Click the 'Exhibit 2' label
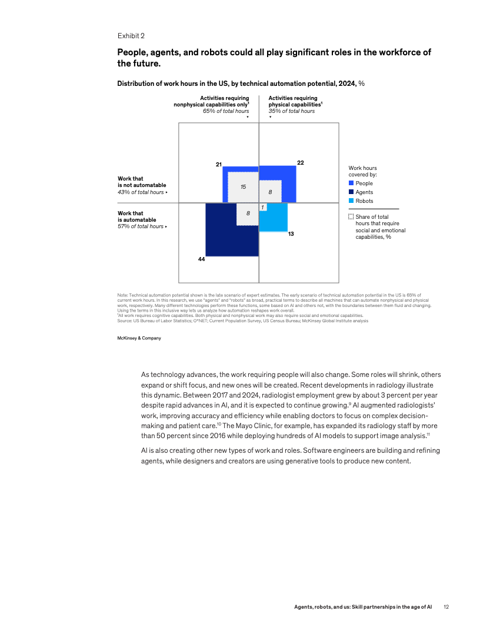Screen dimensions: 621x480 click(x=131, y=35)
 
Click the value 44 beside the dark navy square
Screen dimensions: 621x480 click(x=201, y=259)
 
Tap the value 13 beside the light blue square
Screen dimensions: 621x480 click(x=291, y=234)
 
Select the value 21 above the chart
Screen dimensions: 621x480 click(x=218, y=163)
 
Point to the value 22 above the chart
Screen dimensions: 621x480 click(x=300, y=162)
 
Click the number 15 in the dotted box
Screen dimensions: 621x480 click(x=242, y=186)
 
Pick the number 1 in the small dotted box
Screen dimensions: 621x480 click(x=262, y=206)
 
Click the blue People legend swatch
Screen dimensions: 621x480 click(x=351, y=183)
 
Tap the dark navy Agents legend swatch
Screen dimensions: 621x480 click(x=351, y=192)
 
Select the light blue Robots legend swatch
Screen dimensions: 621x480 click(x=351, y=201)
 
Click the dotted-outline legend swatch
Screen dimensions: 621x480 click(x=351, y=216)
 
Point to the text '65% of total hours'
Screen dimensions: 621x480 click(x=225, y=111)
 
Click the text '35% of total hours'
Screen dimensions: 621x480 click(x=291, y=111)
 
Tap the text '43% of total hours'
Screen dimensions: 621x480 click(x=141, y=192)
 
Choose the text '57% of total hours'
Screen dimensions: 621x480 click(x=141, y=226)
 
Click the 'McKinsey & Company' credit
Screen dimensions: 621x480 click(x=139, y=338)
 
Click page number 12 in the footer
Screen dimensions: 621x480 click(x=446, y=606)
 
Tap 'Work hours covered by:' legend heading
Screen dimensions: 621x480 click(x=362, y=171)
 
